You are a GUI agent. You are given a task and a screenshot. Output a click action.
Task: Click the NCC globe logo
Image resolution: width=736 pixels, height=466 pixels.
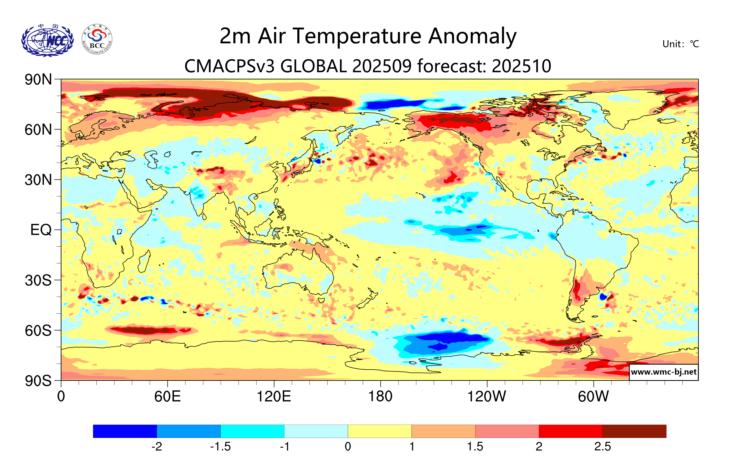(x=47, y=40)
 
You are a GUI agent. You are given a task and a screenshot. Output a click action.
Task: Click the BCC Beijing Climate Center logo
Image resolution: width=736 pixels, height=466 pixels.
(x=97, y=39)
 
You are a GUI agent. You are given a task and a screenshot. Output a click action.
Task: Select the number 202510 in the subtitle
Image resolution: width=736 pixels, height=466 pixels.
(x=522, y=66)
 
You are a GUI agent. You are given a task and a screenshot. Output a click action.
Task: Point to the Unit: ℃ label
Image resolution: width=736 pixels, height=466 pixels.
(x=680, y=44)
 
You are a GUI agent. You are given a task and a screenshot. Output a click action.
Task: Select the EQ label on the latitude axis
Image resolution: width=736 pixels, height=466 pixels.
(x=41, y=230)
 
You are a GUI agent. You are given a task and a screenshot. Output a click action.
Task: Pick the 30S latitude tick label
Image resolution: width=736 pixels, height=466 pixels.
(x=38, y=280)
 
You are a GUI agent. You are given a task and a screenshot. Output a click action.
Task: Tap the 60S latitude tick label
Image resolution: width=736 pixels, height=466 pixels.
(x=38, y=330)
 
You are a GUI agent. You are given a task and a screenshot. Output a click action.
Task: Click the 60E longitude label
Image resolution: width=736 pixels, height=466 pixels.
(x=167, y=396)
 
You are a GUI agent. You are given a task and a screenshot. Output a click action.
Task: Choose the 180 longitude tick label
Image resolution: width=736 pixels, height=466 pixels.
(x=380, y=396)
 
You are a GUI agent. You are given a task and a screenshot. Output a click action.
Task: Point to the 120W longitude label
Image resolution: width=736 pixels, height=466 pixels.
(x=487, y=396)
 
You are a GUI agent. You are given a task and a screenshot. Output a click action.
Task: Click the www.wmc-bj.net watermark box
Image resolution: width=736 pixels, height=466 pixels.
(x=663, y=372)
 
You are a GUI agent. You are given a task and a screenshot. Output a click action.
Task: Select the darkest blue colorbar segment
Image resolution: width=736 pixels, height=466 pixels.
(x=125, y=431)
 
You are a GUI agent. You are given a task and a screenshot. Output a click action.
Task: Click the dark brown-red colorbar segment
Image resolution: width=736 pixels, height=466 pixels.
(x=634, y=431)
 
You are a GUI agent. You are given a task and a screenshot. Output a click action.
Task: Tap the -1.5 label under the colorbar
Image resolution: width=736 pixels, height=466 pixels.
(x=220, y=447)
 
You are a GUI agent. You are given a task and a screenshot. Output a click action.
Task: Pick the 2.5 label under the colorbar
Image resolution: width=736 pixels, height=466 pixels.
(x=602, y=447)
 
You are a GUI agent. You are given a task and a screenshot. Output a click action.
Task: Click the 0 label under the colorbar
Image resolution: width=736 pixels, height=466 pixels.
(x=348, y=447)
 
